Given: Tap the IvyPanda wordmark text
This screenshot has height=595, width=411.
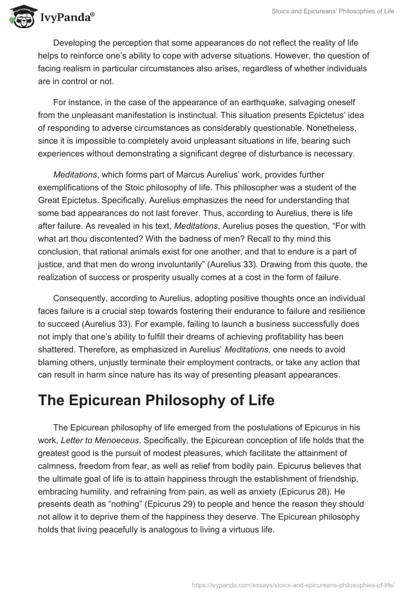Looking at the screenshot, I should pos(66,16).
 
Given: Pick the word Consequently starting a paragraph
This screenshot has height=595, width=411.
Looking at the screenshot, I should pos(84,298).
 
